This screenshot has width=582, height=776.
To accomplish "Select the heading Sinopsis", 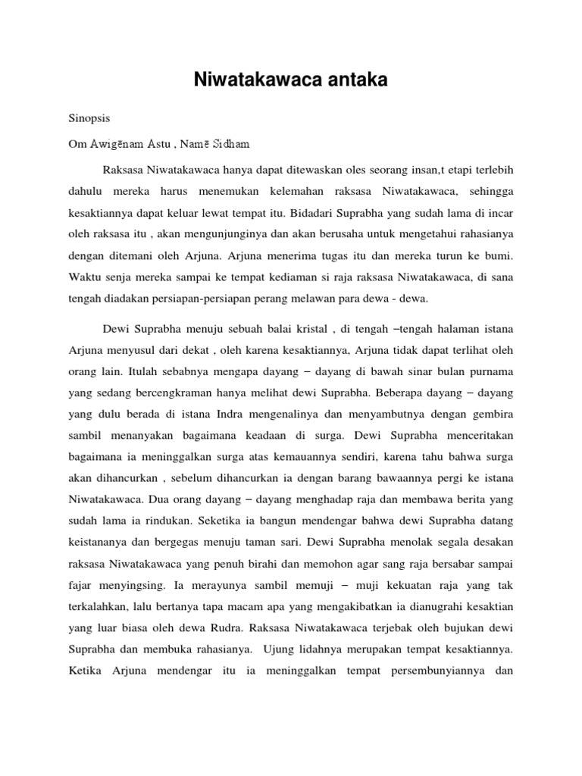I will click(88, 120).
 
